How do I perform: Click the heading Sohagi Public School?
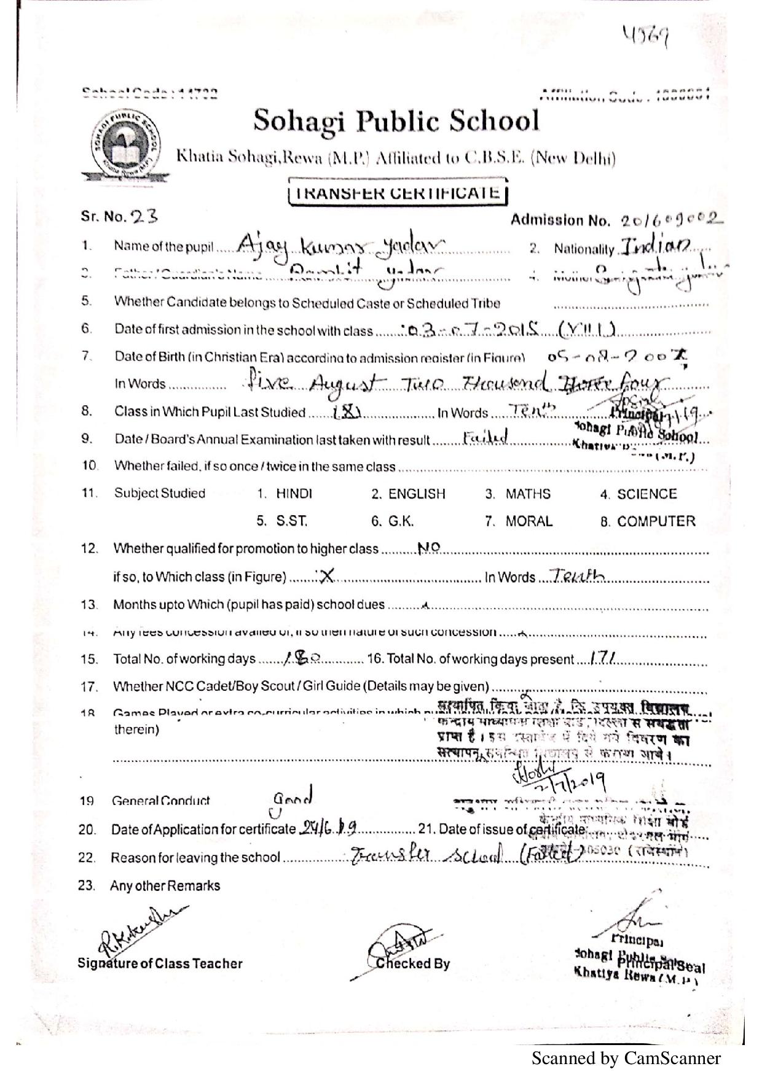[396, 121]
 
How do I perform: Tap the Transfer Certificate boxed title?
[398, 193]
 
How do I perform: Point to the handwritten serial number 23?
[144, 216]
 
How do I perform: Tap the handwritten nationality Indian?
[656, 247]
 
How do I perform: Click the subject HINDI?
[294, 494]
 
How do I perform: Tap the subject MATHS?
[528, 494]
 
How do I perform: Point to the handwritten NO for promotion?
[428, 548]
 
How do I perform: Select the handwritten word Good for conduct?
[293, 798]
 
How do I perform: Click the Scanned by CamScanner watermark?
[626, 1058]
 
